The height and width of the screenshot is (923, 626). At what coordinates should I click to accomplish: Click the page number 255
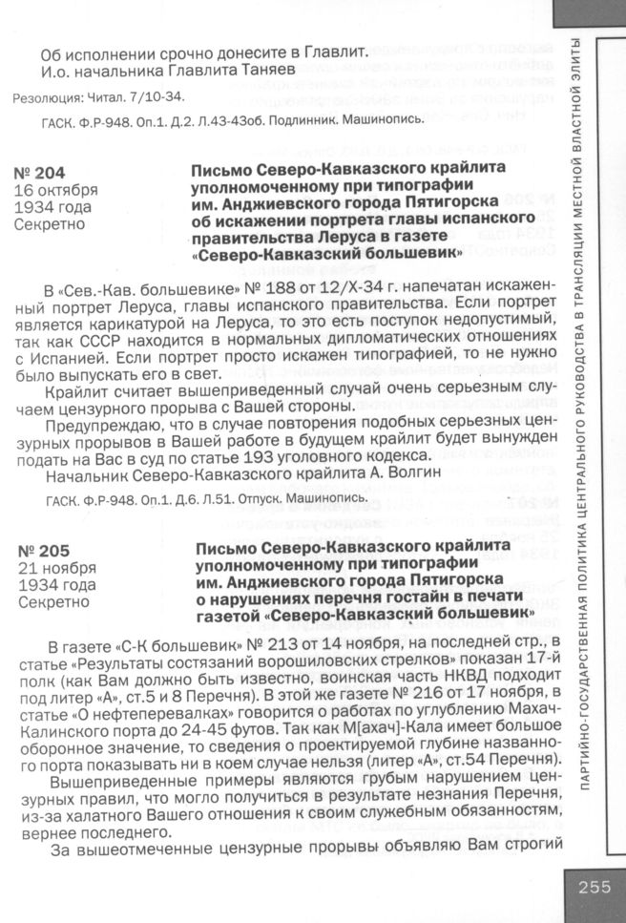[x=594, y=887]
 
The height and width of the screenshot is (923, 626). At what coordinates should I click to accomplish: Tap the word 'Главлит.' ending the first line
[x=336, y=52]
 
